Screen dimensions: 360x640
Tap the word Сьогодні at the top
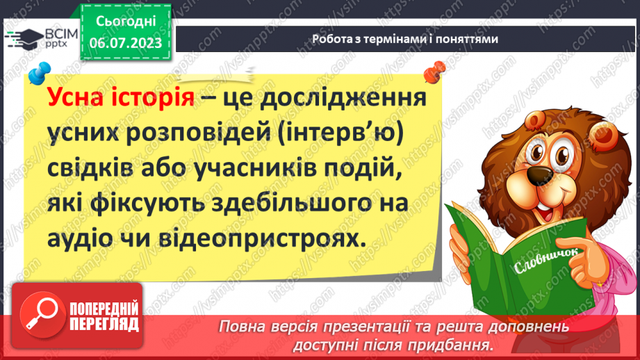pyautogui.click(x=126, y=22)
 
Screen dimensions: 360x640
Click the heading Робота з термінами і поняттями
pyautogui.click(x=405, y=39)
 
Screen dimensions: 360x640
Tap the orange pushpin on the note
pyautogui.click(x=435, y=70)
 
